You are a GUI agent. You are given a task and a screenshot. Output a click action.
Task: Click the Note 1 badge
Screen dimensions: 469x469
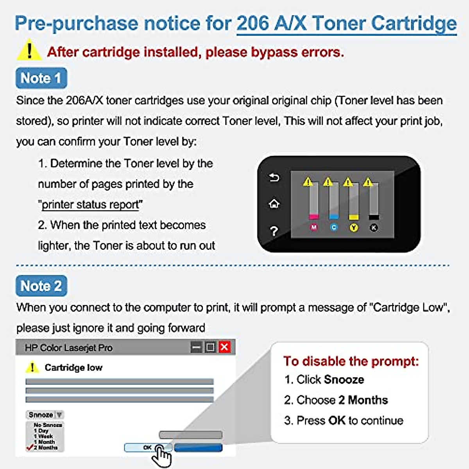[41, 78]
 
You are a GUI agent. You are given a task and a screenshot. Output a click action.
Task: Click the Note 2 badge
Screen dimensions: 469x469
[41, 286]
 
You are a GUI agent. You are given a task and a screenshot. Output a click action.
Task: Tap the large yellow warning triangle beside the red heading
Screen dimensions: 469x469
[29, 51]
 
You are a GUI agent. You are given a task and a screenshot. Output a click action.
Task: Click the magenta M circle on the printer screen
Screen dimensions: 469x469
[314, 227]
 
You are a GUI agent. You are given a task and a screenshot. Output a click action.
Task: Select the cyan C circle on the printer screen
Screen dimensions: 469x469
[334, 227]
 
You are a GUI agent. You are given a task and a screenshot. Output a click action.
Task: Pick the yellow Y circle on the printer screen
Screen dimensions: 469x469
[354, 227]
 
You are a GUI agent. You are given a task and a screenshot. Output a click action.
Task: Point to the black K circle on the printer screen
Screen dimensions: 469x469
[374, 227]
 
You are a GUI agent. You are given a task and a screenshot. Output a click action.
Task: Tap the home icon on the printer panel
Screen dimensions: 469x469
[274, 204]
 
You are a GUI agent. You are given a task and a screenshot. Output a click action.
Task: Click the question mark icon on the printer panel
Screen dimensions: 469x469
[274, 231]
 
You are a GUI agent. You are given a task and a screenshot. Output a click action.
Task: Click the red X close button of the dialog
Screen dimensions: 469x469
[225, 347]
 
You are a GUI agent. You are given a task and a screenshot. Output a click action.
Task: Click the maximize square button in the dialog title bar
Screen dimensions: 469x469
[210, 347]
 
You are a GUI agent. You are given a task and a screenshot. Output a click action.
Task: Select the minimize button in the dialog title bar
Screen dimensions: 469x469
[197, 347]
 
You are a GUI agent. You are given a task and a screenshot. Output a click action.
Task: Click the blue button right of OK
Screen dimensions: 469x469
[198, 448]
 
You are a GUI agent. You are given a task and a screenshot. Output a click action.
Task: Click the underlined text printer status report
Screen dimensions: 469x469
[90, 205]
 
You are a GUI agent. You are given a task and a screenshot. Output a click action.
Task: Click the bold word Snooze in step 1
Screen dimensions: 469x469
[344, 379]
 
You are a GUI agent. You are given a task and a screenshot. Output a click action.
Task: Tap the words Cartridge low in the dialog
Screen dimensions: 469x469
[73, 368]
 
